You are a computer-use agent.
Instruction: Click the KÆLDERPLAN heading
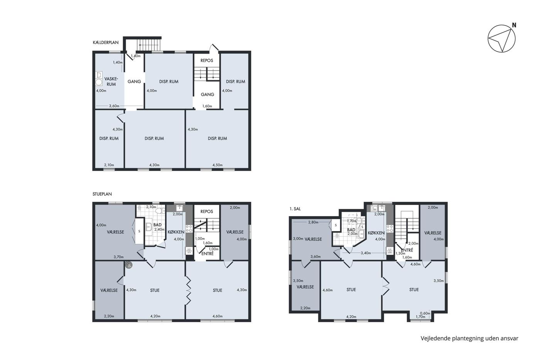(106, 42)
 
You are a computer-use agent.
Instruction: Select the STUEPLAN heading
(102, 194)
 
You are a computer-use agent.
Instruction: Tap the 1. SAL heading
(295, 209)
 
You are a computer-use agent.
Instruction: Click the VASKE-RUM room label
(111, 81)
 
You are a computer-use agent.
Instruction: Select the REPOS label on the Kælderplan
(207, 61)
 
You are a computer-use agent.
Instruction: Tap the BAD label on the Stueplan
(157, 225)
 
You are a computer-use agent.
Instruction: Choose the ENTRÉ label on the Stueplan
(208, 254)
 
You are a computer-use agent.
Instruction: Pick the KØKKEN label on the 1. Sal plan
(376, 233)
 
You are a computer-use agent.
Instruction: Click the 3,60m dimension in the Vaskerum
(114, 106)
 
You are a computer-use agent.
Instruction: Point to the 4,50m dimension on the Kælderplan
(218, 165)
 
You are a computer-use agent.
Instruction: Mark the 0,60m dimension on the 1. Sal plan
(425, 313)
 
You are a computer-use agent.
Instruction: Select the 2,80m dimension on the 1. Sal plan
(313, 222)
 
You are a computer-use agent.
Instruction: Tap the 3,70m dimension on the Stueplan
(119, 257)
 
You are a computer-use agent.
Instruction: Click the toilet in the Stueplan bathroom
(160, 211)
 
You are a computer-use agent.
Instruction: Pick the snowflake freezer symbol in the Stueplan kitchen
(189, 251)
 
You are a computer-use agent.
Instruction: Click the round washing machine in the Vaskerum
(99, 82)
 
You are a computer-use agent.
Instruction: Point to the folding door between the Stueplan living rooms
(188, 290)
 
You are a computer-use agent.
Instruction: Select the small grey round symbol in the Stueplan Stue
(129, 265)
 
